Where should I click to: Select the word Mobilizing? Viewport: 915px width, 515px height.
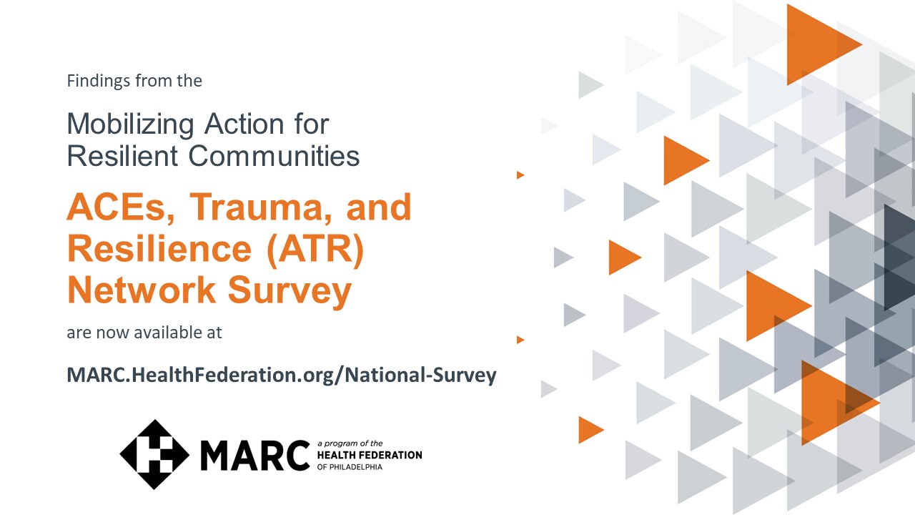point(130,124)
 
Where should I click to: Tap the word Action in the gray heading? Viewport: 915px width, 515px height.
point(244,124)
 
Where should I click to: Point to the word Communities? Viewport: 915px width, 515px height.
point(274,156)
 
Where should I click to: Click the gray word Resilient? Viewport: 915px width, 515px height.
point(122,156)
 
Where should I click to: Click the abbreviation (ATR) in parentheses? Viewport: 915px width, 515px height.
point(315,250)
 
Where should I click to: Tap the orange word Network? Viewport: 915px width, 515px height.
point(142,290)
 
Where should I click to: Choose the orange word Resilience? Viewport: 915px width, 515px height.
point(159,249)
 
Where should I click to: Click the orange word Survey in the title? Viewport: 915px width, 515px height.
point(290,292)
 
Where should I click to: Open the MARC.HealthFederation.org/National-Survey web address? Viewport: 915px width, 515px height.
point(282,376)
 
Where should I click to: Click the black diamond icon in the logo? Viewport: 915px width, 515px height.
point(154,454)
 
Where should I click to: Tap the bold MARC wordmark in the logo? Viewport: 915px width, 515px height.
point(255,456)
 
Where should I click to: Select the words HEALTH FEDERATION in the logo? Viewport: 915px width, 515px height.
point(370,455)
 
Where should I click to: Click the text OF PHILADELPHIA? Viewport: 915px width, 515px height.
point(350,467)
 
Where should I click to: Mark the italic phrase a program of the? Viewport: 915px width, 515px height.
point(350,443)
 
